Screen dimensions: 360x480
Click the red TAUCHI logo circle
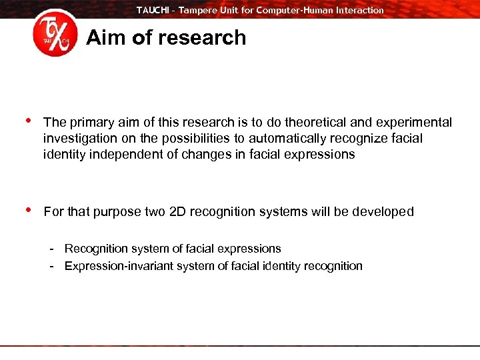(55, 33)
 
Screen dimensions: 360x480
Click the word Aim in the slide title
(106, 37)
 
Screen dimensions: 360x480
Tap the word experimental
(414, 123)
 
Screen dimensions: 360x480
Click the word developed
(382, 212)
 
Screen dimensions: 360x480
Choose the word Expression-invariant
(117, 266)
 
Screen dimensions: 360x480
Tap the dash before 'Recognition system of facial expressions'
(51, 249)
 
